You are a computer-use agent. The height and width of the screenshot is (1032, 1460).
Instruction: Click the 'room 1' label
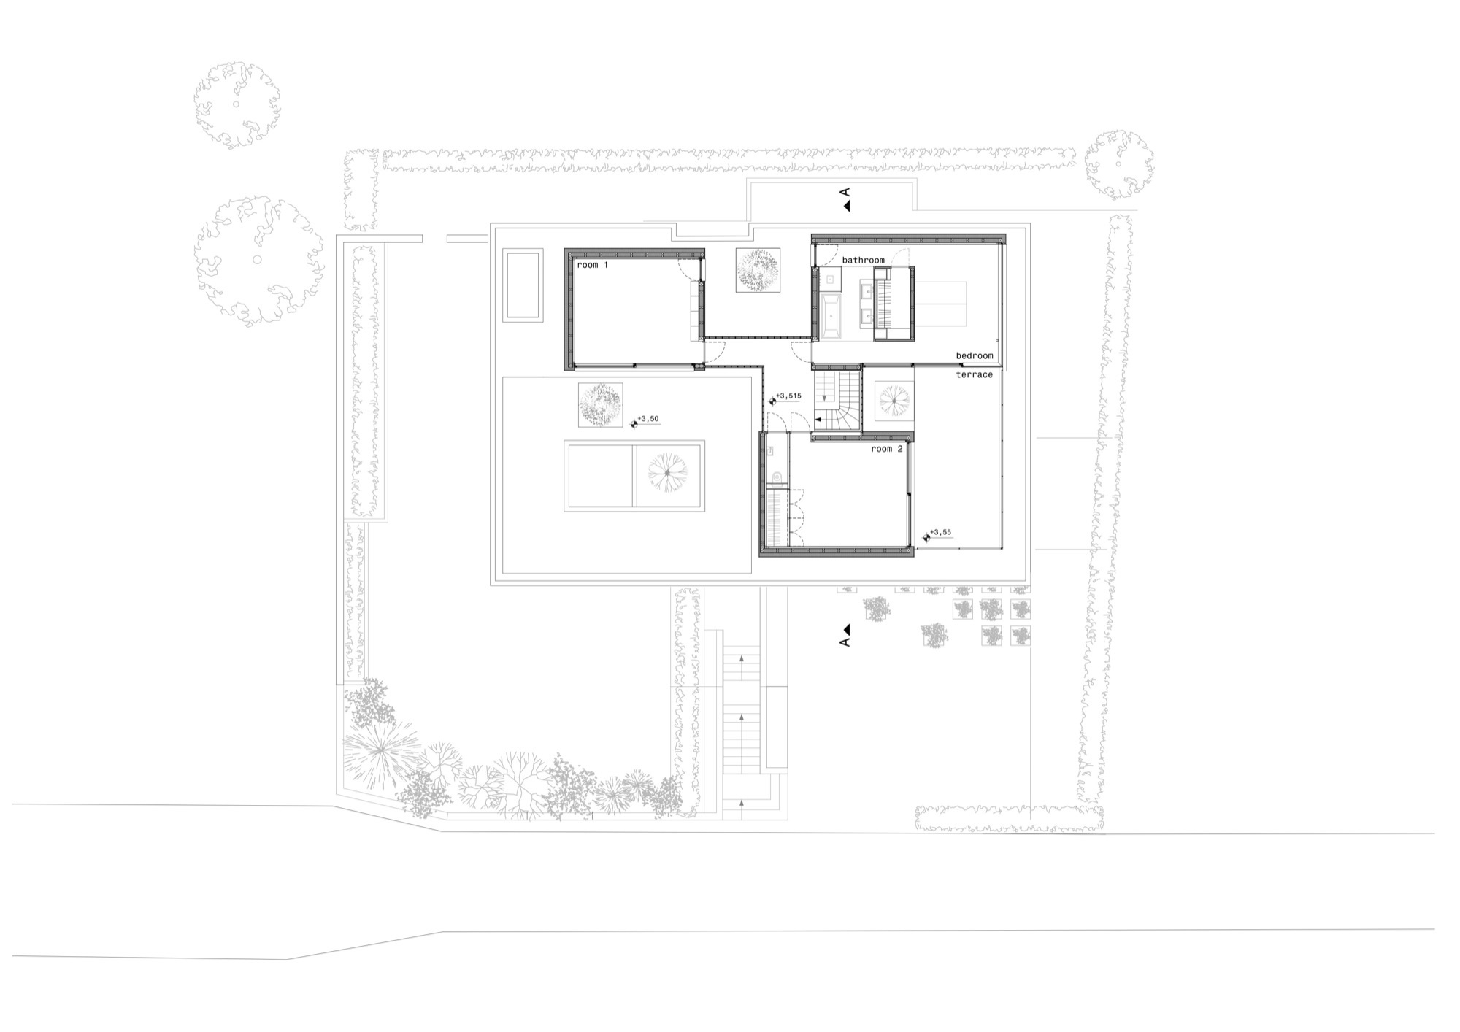pyautogui.click(x=592, y=265)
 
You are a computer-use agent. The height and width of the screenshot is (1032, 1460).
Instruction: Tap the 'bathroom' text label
pyautogui.click(x=863, y=260)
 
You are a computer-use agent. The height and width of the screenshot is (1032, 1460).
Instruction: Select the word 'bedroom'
pyautogui.click(x=975, y=355)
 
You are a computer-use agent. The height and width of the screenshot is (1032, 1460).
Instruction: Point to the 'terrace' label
pyautogui.click(x=975, y=374)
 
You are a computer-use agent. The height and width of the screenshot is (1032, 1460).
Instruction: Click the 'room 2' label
pyautogui.click(x=887, y=449)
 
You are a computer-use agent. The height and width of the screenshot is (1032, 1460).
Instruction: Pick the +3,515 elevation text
pyautogui.click(x=788, y=396)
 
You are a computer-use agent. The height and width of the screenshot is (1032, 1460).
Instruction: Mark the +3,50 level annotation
pyautogui.click(x=648, y=419)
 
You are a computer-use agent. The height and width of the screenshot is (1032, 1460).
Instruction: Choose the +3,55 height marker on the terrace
pyautogui.click(x=941, y=532)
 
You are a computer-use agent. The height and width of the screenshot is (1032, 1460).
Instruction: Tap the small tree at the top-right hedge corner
pyautogui.click(x=1119, y=165)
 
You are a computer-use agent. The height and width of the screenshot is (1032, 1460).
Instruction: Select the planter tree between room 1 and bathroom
pyautogui.click(x=758, y=270)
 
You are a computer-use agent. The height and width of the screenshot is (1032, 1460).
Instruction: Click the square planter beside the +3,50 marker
pyautogui.click(x=600, y=405)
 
